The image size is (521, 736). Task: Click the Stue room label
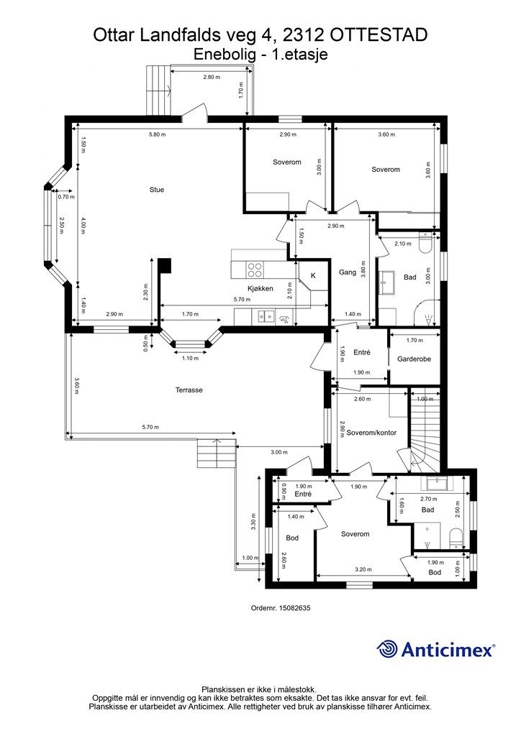click(157, 190)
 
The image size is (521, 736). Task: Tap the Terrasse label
click(189, 390)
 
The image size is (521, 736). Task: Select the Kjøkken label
click(260, 289)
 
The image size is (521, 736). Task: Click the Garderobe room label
click(414, 359)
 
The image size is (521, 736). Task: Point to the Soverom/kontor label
click(371, 433)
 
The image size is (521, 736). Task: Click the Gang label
click(348, 272)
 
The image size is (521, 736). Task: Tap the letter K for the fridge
click(313, 276)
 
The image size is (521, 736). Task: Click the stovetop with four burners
click(255, 270)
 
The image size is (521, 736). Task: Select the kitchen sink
click(266, 317)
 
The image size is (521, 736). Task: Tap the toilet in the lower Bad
click(456, 538)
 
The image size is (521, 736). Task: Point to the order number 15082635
click(294, 608)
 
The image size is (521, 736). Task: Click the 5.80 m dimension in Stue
click(157, 134)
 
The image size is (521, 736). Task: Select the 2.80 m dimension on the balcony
click(212, 77)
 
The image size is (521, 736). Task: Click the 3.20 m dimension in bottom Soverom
click(363, 569)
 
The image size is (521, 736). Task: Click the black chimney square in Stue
click(164, 266)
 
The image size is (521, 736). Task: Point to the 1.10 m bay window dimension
click(190, 358)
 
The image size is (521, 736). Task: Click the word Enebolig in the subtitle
click(225, 55)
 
